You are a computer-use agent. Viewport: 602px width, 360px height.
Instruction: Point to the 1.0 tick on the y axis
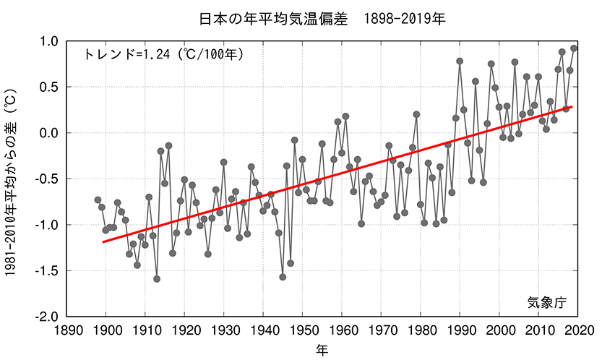click(48, 41)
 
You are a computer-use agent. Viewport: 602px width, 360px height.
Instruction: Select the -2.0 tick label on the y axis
click(45, 317)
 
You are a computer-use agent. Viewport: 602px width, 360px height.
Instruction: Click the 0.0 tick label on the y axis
click(48, 133)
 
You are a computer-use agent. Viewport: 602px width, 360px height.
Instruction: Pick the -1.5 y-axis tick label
click(45, 271)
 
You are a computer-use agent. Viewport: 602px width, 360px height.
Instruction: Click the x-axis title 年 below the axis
click(322, 351)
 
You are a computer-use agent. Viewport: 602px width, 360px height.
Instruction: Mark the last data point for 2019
click(574, 48)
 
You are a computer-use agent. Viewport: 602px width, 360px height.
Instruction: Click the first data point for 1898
click(98, 200)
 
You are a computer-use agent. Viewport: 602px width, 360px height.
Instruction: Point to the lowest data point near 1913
click(157, 279)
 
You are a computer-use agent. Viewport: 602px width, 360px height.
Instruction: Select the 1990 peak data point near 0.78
click(460, 61)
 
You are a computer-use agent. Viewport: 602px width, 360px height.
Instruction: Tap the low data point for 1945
click(283, 277)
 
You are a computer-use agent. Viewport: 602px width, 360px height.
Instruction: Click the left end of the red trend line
click(103, 241)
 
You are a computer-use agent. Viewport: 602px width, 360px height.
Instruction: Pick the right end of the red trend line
click(572, 106)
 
